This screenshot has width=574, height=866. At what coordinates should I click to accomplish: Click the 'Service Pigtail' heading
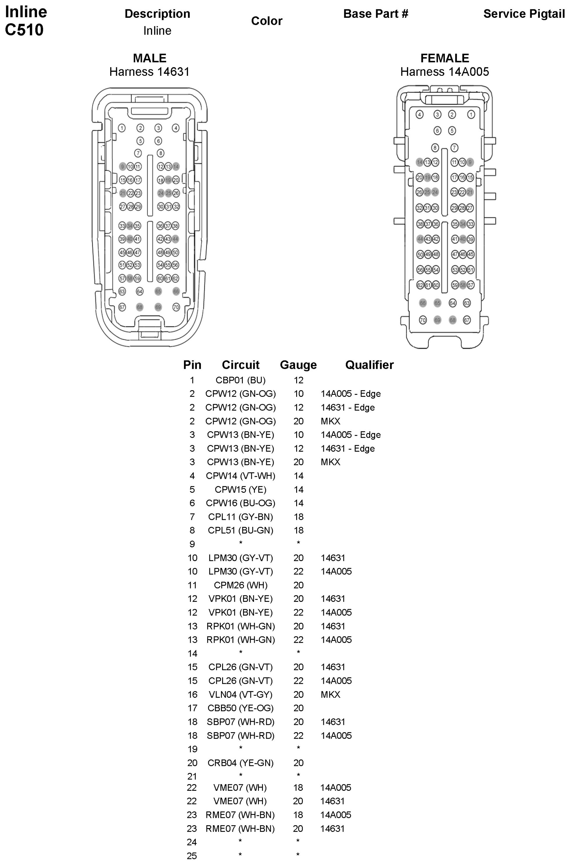click(524, 14)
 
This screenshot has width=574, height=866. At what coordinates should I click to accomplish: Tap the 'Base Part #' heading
click(375, 14)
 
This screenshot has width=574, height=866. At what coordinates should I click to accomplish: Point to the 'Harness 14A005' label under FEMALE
click(444, 72)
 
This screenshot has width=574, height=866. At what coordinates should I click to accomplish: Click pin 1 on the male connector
click(122, 128)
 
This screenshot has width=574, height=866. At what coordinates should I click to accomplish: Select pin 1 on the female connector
click(471, 115)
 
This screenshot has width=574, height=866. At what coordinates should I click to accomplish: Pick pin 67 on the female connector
click(467, 320)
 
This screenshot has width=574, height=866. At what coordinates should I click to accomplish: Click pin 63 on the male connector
click(122, 292)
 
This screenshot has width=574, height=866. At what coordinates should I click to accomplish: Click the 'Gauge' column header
click(298, 365)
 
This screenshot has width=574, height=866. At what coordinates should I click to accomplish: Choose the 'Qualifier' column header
click(369, 365)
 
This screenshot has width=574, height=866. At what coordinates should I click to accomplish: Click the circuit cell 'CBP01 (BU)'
click(241, 380)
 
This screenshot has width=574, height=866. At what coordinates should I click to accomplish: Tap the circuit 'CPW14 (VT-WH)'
click(241, 476)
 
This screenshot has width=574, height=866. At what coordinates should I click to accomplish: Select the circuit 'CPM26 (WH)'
click(241, 585)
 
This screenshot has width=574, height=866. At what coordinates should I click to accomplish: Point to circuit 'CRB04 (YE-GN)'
click(241, 763)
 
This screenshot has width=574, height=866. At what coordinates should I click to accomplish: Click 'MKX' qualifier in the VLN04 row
click(330, 694)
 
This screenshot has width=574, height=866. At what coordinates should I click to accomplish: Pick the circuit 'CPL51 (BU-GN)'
click(241, 530)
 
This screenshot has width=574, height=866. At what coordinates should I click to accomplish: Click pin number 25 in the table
click(192, 856)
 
